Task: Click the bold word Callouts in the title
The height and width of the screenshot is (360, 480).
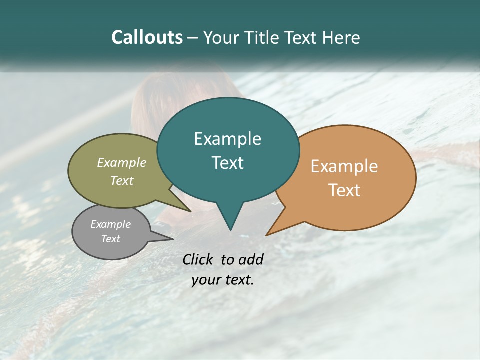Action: pos(147,37)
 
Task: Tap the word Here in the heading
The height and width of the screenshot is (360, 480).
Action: pos(341,37)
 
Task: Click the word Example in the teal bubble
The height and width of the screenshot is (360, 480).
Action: pos(227,139)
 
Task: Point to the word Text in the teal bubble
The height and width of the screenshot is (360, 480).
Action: pos(227,163)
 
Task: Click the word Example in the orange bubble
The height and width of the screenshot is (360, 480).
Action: pos(344,166)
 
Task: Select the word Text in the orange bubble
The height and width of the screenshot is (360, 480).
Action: pos(344,190)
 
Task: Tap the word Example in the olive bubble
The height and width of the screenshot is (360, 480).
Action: pos(122,162)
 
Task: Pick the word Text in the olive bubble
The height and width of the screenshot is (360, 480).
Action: pos(122,180)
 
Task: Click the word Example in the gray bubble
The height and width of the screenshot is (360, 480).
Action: pos(111,224)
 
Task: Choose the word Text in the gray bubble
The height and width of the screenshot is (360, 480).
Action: pos(111,239)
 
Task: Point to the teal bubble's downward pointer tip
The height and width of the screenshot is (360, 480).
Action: pos(230,230)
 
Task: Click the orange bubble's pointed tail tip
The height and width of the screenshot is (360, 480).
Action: pos(266,235)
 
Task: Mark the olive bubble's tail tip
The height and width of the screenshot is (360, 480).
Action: pos(191,211)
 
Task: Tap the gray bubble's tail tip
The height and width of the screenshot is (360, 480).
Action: pos(173,239)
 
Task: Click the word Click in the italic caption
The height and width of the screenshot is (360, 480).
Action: pos(198,259)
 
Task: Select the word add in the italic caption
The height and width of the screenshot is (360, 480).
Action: pos(251,259)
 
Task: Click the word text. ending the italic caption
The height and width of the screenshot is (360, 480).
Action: pos(239,280)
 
